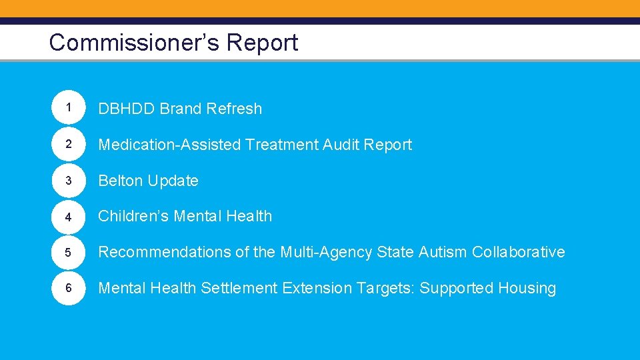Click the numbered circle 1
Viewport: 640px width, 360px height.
(x=69, y=108)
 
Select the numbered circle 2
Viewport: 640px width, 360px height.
(x=69, y=144)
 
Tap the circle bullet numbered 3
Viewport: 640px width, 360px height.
(x=69, y=180)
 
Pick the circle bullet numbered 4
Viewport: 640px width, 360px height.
(x=69, y=216)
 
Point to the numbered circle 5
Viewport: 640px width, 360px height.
(x=69, y=252)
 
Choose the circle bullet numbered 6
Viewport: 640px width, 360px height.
(x=69, y=288)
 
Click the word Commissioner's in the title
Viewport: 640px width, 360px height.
(x=134, y=43)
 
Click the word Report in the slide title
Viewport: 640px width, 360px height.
(x=262, y=43)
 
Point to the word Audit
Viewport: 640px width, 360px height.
(x=341, y=145)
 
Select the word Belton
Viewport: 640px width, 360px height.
(x=121, y=181)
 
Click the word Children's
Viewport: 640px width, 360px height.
(x=134, y=216)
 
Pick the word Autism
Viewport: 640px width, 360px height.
(x=443, y=252)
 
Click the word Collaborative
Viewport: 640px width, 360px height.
(x=518, y=252)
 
